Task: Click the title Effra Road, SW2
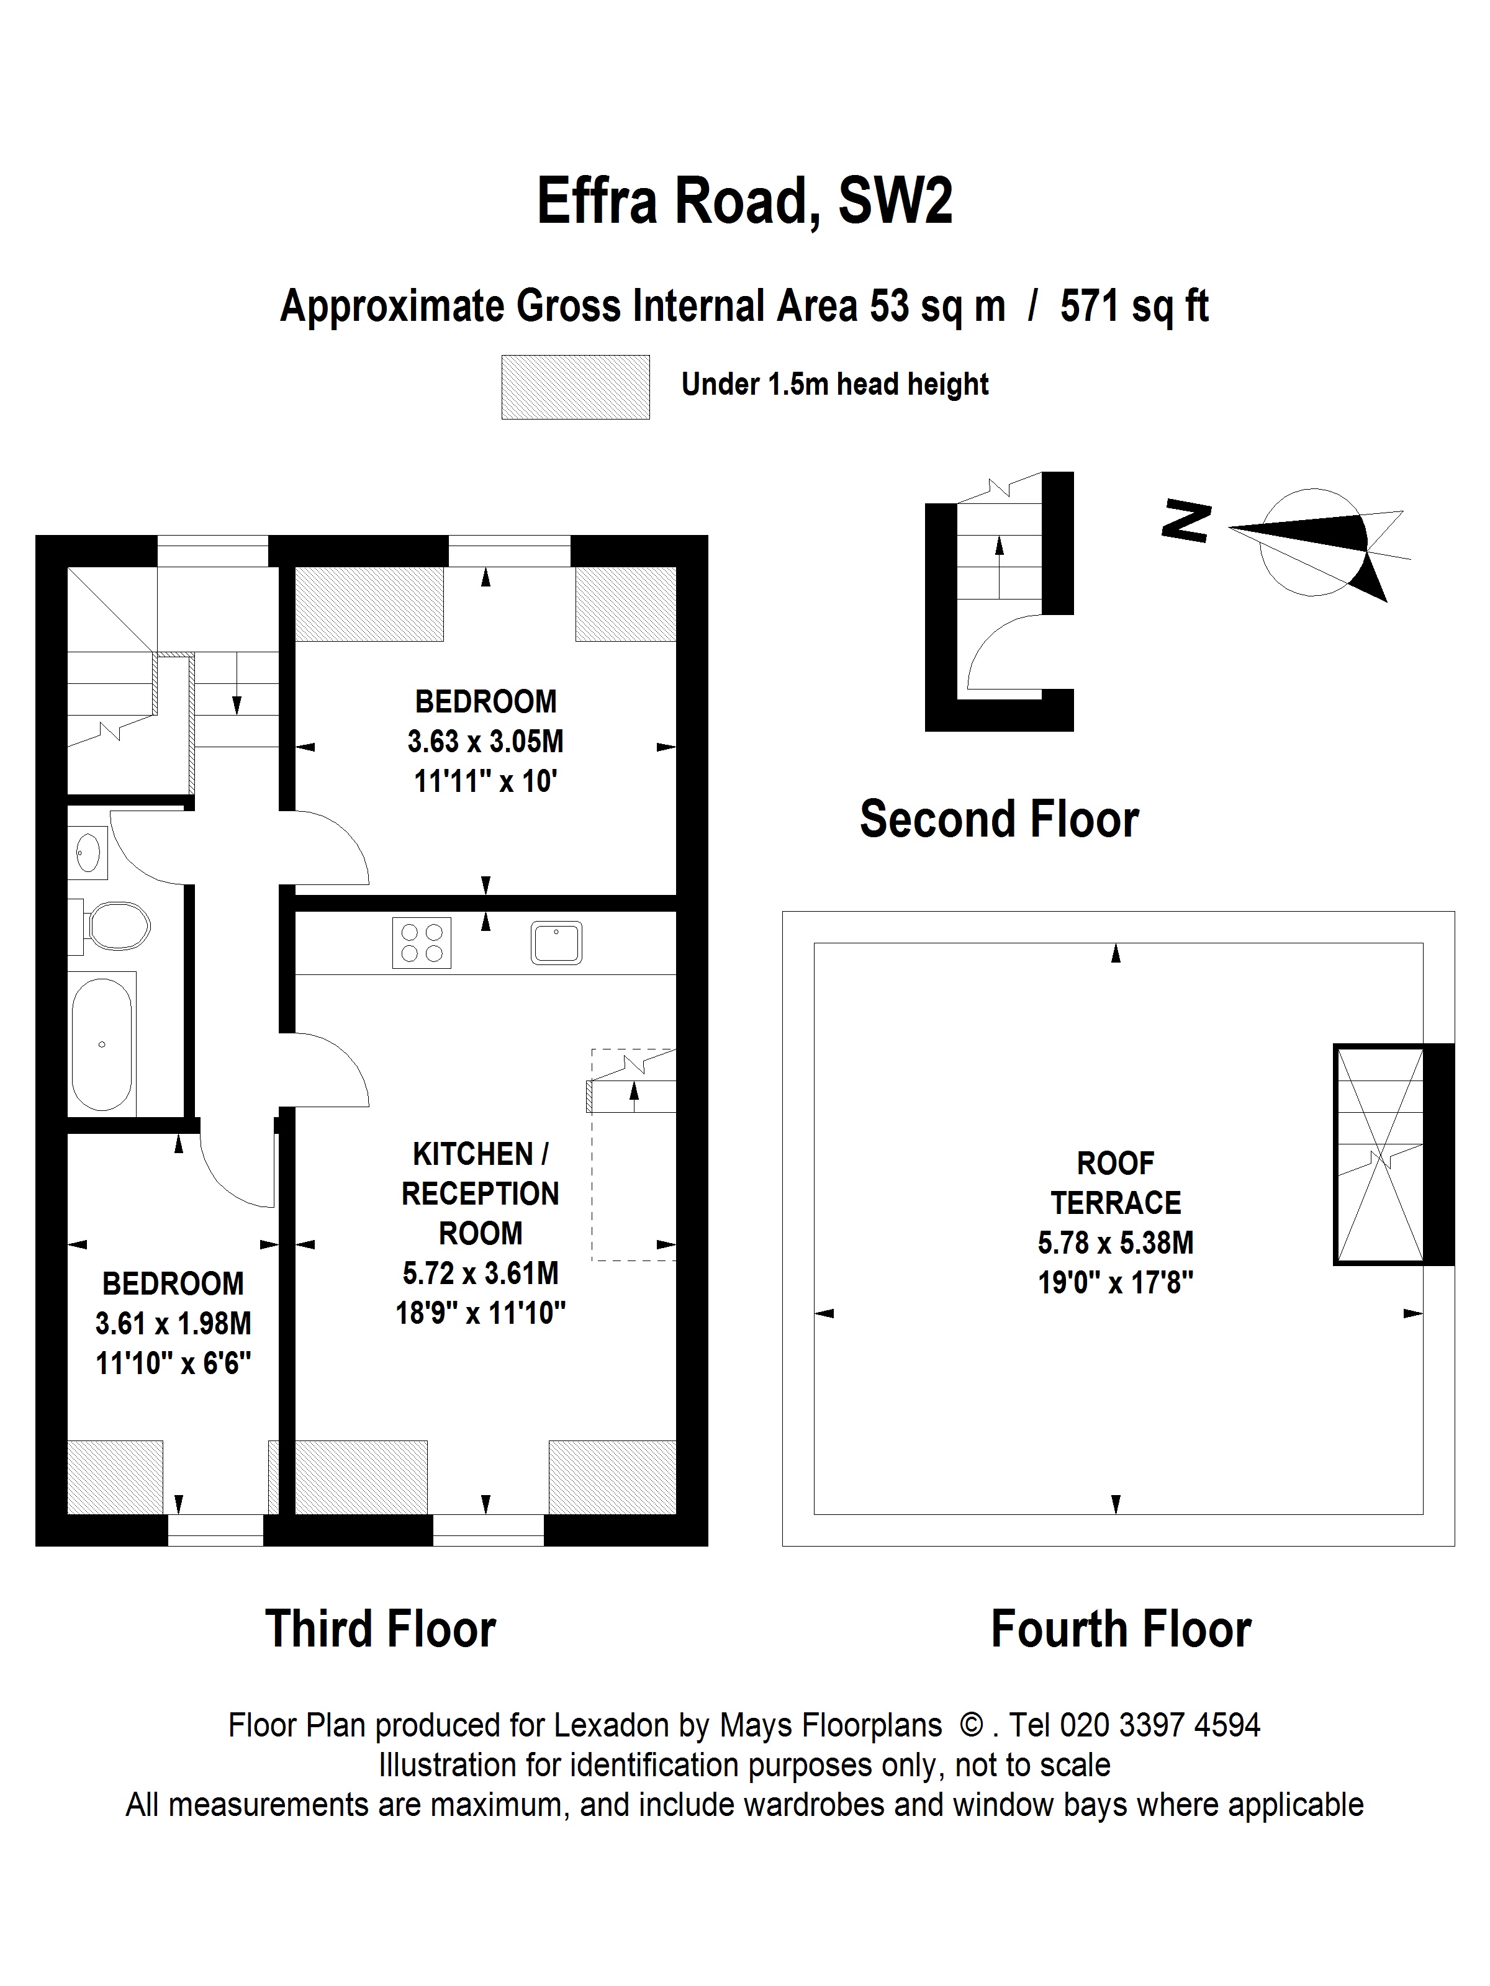[744, 200]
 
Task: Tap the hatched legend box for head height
[575, 387]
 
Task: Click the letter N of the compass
[1186, 520]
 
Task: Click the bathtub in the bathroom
[102, 1043]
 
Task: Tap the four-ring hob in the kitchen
[421, 943]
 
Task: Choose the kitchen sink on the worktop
[556, 943]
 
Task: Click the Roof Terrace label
[1116, 1182]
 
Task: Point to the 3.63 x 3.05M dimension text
[485, 742]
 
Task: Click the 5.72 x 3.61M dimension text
[481, 1273]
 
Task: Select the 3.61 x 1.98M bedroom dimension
[173, 1323]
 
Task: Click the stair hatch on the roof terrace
[1381, 1154]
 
